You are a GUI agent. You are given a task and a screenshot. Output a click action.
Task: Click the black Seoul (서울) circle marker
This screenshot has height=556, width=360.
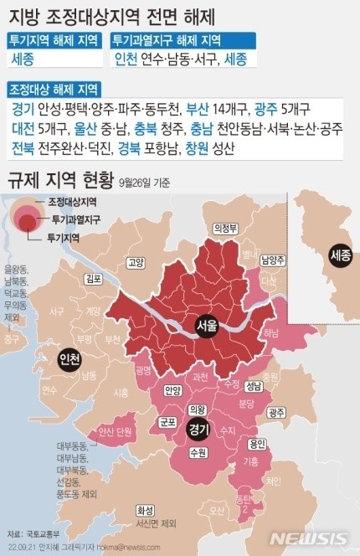point(206,326)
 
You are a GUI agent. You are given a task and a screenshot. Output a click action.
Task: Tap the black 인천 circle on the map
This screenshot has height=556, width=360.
point(70,361)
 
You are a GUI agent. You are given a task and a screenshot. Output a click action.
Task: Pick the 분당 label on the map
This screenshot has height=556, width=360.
point(246,404)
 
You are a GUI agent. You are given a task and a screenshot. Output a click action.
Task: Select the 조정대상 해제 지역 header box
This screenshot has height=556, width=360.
point(54,89)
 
